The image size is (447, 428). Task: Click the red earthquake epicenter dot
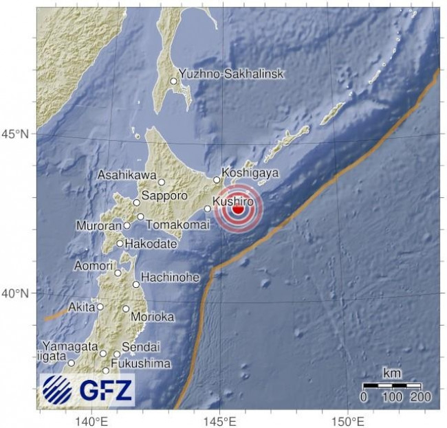[x=238, y=210]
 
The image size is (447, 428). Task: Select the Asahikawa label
[x=127, y=175]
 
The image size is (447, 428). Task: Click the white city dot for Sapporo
[x=137, y=203]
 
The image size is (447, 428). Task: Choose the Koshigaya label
[x=250, y=173]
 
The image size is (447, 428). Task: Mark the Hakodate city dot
[x=120, y=243]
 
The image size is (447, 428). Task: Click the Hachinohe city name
[x=171, y=278]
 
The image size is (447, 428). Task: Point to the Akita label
[x=81, y=307]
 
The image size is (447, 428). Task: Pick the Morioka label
[x=154, y=317]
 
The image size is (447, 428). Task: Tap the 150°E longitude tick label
[x=347, y=420]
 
